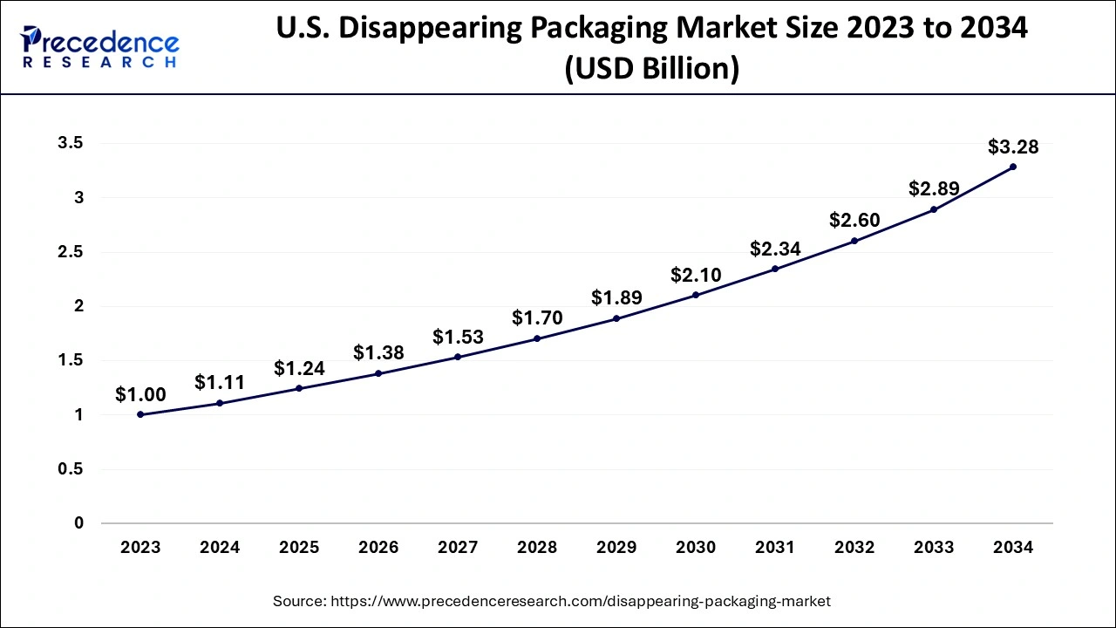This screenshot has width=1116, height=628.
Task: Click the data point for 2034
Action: tap(1013, 167)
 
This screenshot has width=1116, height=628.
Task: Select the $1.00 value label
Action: tap(140, 395)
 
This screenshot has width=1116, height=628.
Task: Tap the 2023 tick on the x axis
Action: tap(140, 548)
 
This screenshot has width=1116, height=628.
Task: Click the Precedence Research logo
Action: tap(99, 47)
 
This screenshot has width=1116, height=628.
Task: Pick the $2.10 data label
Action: tap(696, 276)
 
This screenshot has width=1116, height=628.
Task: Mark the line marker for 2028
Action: tap(537, 338)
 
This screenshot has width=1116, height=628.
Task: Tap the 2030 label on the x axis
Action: tap(696, 548)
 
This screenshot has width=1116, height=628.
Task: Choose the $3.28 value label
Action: tap(1013, 147)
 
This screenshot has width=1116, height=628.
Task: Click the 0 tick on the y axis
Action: tap(79, 523)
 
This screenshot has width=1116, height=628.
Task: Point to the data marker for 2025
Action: tap(299, 388)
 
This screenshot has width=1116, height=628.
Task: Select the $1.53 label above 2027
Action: tap(458, 338)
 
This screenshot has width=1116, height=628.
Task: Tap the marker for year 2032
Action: tap(854, 241)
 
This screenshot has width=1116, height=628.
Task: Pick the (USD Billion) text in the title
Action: tap(651, 68)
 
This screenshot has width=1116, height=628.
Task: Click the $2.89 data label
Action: tap(934, 188)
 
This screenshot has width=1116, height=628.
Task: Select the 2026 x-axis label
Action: tap(378, 548)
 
